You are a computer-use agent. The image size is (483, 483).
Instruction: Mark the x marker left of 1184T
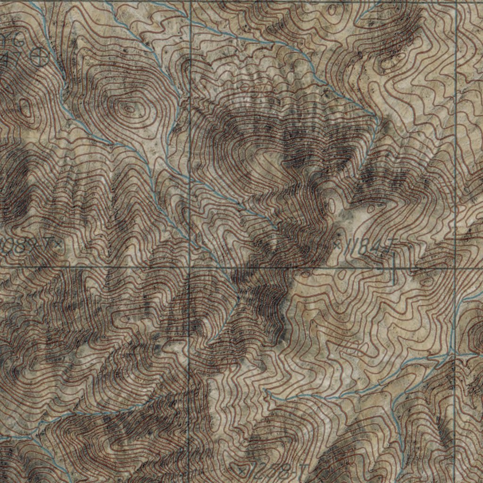[338, 244]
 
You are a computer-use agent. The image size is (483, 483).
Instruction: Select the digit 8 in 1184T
[366, 247]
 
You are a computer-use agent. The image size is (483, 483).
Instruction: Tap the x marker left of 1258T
[242, 469]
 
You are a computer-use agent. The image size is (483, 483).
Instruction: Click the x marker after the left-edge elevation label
[58, 244]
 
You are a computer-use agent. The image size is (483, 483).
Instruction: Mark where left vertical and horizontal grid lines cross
[189, 267]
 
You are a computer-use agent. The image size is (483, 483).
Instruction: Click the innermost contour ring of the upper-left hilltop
[128, 108]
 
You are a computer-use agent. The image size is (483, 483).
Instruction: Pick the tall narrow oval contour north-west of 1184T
[332, 205]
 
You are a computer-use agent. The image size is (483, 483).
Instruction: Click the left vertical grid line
[189, 142]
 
